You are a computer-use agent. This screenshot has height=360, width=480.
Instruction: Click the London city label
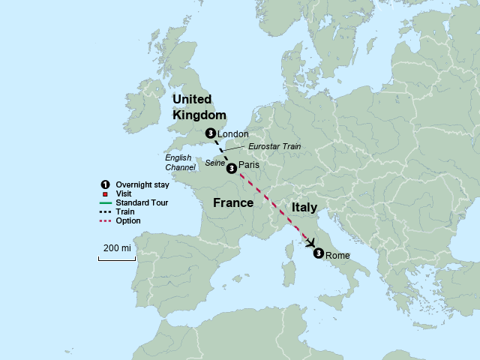(x=232, y=134)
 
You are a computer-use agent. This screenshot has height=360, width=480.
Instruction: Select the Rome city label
(x=337, y=256)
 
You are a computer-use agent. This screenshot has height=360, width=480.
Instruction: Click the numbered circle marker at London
(x=210, y=133)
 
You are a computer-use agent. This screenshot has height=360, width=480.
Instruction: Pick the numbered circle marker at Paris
(x=231, y=168)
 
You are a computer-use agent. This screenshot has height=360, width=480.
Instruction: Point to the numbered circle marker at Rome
(x=319, y=253)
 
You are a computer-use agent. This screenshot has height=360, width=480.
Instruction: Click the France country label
(x=233, y=203)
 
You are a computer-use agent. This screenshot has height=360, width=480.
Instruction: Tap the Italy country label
(x=304, y=207)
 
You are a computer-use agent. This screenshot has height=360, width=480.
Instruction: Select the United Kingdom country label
(x=199, y=107)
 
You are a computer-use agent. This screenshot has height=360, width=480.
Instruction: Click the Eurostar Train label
(x=274, y=147)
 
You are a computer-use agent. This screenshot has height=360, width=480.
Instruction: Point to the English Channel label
(x=181, y=163)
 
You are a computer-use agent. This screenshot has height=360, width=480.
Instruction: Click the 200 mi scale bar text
(x=116, y=247)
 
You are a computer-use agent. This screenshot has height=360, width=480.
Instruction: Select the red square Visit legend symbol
(x=105, y=193)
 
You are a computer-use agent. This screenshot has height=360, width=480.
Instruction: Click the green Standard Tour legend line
(x=105, y=202)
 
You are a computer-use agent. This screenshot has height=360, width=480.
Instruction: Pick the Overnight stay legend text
(x=141, y=184)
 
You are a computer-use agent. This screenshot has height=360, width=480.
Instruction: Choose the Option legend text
(x=128, y=220)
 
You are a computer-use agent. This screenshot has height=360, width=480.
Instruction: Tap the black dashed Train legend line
(x=105, y=211)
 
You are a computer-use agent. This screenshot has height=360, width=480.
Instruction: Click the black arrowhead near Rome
(x=310, y=242)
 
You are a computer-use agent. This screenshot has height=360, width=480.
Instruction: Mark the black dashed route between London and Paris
(x=220, y=151)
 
